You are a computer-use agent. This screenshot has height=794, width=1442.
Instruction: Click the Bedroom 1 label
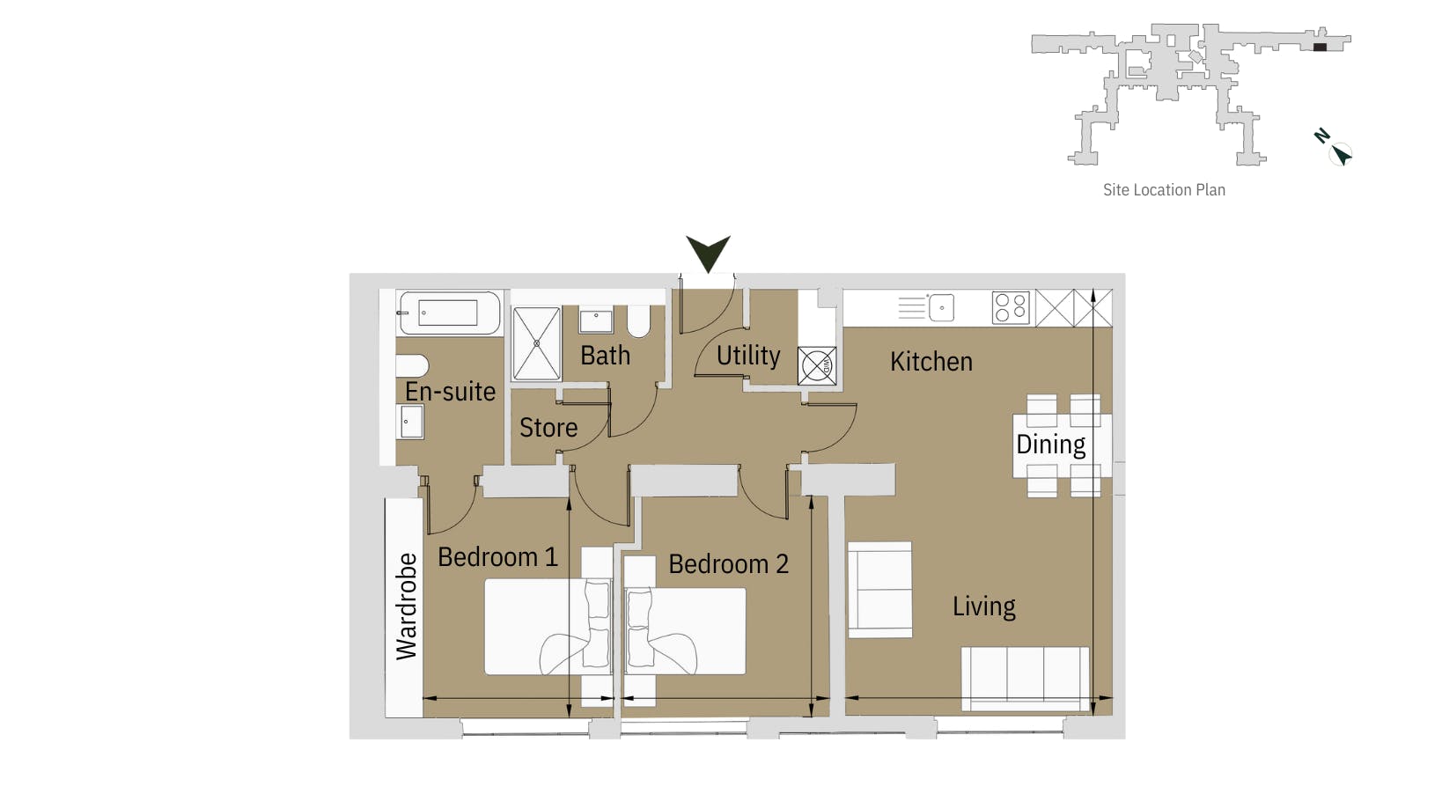click(x=497, y=557)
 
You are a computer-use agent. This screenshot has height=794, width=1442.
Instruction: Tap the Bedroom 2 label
click(x=728, y=564)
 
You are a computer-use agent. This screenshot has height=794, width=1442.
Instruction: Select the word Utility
click(x=748, y=356)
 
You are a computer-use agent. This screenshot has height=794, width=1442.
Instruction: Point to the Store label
click(x=548, y=428)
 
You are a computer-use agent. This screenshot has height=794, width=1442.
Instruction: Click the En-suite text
click(x=450, y=392)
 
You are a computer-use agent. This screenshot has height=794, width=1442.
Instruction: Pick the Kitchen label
click(x=931, y=362)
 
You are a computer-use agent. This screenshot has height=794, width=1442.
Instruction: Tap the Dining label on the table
click(x=1050, y=445)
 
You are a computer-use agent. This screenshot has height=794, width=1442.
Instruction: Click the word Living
click(x=983, y=607)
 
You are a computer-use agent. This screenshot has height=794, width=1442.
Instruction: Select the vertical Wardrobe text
click(x=406, y=607)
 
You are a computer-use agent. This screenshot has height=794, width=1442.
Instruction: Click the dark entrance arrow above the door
click(x=708, y=254)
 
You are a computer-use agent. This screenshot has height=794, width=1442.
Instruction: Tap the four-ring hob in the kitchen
click(x=1011, y=308)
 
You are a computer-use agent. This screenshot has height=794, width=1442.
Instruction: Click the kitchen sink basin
click(x=941, y=308)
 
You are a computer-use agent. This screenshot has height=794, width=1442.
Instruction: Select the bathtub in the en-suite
click(x=449, y=312)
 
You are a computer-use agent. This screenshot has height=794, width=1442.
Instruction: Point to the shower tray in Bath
click(x=536, y=343)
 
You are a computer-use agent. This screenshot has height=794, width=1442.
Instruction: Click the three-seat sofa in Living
click(x=1025, y=678)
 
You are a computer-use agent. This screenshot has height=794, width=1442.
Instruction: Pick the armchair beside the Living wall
click(x=879, y=590)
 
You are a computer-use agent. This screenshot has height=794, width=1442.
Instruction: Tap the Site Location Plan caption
click(x=1164, y=190)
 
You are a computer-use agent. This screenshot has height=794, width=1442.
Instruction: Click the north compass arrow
click(x=1340, y=155)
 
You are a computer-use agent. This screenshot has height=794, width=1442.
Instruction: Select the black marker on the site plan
click(x=1320, y=47)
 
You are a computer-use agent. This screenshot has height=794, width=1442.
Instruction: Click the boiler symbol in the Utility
click(x=816, y=365)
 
